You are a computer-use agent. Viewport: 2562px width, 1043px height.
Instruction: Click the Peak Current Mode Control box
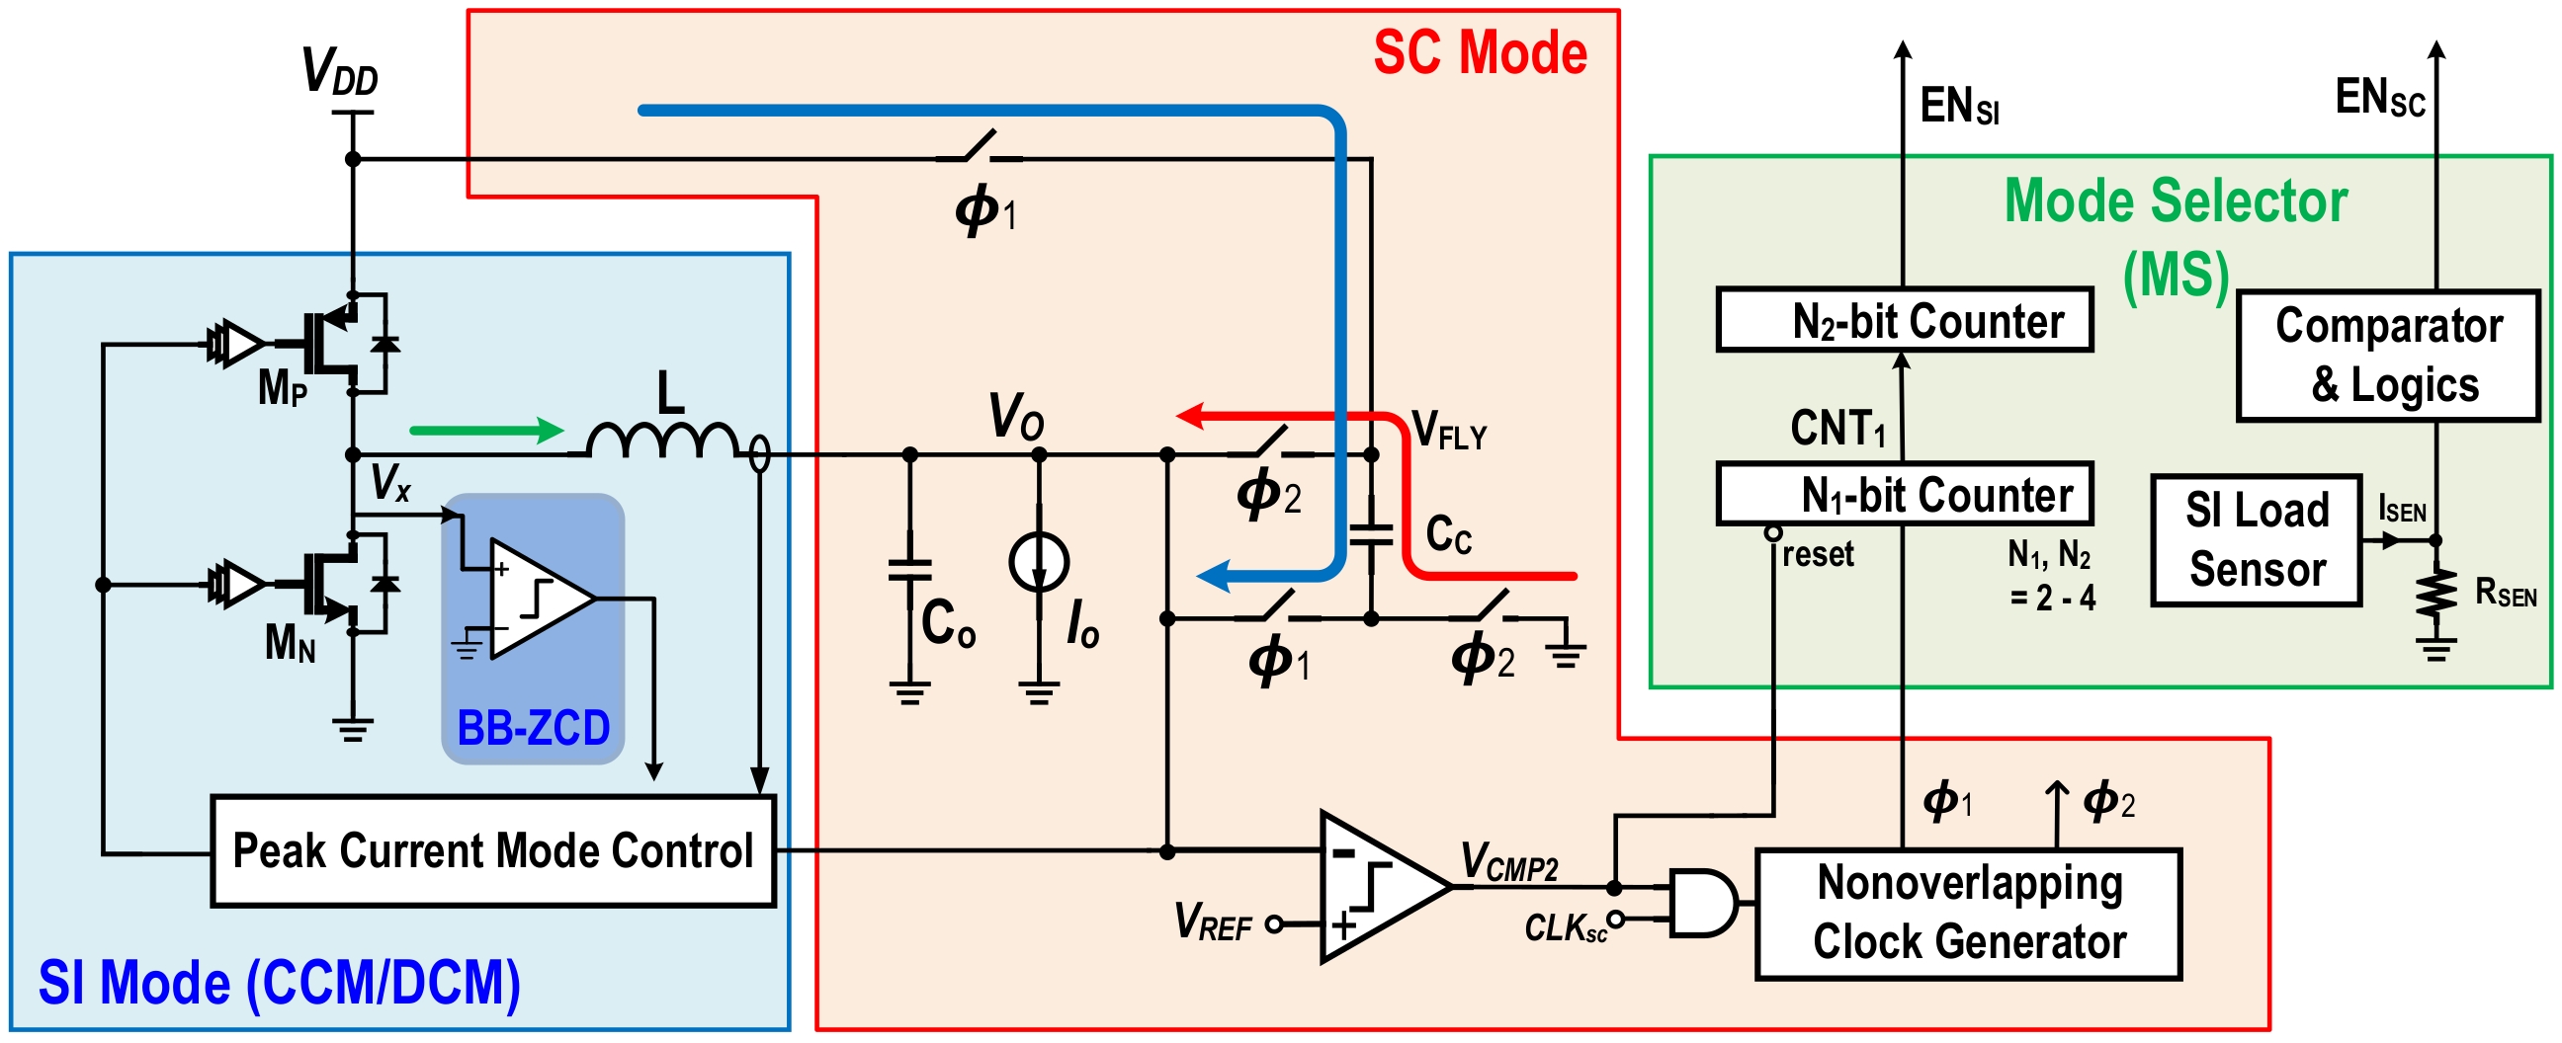[x=492, y=850]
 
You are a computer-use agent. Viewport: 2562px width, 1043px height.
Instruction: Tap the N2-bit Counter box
[x=1904, y=320]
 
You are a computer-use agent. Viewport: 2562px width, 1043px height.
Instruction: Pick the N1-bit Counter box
[x=1904, y=494]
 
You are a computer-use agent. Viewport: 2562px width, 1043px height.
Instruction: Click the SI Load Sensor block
[x=2256, y=540]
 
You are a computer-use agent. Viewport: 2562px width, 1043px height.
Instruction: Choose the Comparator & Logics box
[x=2387, y=355]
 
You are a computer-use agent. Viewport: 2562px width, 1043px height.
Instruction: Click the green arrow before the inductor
[x=486, y=431]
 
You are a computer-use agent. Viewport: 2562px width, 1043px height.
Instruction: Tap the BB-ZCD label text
[x=533, y=728]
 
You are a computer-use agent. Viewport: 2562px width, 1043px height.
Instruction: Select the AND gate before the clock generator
[x=1702, y=903]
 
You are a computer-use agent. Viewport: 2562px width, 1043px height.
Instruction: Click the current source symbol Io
[x=1038, y=562]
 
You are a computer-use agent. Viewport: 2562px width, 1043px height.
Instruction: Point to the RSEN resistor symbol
[x=2434, y=595]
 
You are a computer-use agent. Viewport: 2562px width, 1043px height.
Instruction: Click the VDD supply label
[x=340, y=71]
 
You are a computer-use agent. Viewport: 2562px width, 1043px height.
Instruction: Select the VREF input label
[x=1212, y=922]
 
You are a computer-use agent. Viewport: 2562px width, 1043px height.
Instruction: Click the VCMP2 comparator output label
[x=1507, y=861]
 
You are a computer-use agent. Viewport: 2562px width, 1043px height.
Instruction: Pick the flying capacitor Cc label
[x=1448, y=535]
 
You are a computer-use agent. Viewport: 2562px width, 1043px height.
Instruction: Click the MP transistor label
[x=283, y=388]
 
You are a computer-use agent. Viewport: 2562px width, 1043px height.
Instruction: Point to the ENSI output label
[x=1958, y=106]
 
